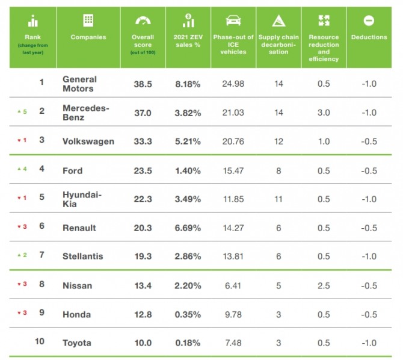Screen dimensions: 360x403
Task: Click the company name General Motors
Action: click(x=79, y=84)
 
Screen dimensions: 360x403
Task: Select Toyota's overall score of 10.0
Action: click(x=143, y=343)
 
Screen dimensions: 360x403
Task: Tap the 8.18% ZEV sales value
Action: click(x=187, y=84)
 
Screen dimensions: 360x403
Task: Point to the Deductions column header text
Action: click(x=369, y=37)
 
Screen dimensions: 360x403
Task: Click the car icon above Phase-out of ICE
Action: click(x=233, y=21)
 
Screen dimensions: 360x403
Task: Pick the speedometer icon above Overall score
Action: click(x=143, y=20)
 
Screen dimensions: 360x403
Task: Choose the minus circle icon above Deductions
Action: click(x=369, y=20)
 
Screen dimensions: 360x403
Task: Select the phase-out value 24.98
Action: click(x=233, y=84)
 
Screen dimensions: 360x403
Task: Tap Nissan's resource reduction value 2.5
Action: click(x=324, y=285)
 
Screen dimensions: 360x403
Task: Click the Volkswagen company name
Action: click(x=88, y=141)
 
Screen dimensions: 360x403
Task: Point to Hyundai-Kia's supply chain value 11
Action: click(x=278, y=199)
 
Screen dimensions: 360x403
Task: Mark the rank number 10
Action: click(x=40, y=342)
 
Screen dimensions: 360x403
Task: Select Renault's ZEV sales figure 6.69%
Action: click(x=187, y=228)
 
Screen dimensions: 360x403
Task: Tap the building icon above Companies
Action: click(x=88, y=20)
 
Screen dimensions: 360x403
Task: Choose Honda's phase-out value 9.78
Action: click(x=233, y=314)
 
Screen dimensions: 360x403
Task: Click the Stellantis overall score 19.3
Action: click(x=143, y=256)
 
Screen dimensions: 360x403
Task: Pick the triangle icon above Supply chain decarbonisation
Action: click(x=278, y=21)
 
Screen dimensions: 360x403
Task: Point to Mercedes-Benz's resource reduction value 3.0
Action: click(x=324, y=113)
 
